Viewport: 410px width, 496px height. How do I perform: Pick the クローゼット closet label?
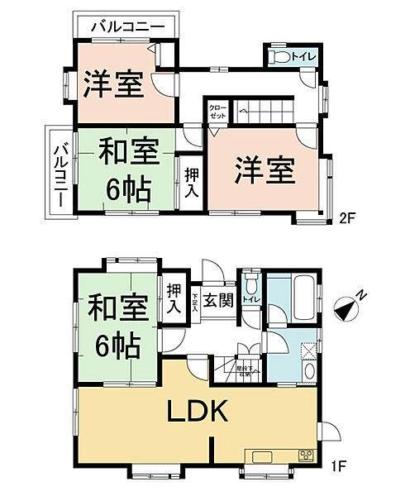217,112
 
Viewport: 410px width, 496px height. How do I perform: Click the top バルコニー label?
127,26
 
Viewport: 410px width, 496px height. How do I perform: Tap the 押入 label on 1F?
173,298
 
